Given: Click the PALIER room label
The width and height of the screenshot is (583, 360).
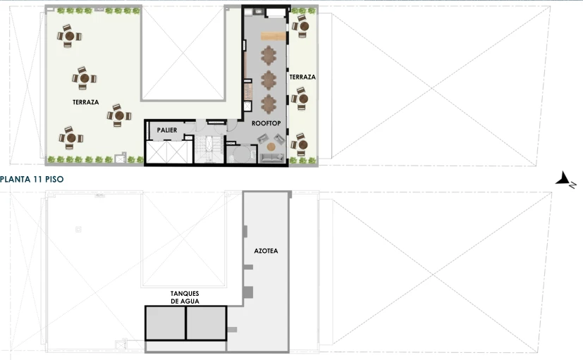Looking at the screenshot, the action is click(x=167, y=130).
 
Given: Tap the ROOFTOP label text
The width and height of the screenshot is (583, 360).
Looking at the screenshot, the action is click(x=266, y=123).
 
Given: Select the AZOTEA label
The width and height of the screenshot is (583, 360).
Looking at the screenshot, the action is click(x=266, y=251).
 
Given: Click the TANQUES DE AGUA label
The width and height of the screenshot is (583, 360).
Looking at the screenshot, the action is click(x=185, y=297).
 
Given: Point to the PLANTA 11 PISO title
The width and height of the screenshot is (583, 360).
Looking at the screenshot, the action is click(x=32, y=179).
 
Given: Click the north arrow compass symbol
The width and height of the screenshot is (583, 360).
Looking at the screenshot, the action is click(x=566, y=179).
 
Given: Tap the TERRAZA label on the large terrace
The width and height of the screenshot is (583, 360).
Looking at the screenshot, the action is click(x=85, y=102).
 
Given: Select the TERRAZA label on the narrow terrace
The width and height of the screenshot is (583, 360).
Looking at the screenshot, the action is click(x=302, y=77).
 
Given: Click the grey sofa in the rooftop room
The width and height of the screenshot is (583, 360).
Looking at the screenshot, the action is click(x=271, y=158).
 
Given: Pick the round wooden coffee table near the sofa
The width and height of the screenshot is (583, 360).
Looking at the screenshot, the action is click(x=271, y=147).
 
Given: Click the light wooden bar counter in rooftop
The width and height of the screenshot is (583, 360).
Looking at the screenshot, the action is click(x=274, y=36).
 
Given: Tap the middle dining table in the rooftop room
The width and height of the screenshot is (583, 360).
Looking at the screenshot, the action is click(x=269, y=80).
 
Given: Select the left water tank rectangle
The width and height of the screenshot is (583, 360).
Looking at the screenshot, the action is click(x=165, y=323).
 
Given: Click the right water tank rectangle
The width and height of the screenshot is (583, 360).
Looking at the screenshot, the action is click(x=207, y=323).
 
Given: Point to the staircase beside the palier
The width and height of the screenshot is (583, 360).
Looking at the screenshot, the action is click(x=209, y=149).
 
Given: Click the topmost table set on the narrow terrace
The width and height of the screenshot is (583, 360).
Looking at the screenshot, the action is click(x=301, y=27).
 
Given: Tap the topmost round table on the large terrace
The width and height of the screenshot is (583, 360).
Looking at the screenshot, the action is click(x=70, y=36).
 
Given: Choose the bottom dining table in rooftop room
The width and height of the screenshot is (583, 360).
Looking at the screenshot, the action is click(x=269, y=104).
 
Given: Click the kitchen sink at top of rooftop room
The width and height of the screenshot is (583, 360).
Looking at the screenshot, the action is click(x=258, y=12).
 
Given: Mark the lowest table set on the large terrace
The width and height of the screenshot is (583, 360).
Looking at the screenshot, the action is click(x=70, y=138).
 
